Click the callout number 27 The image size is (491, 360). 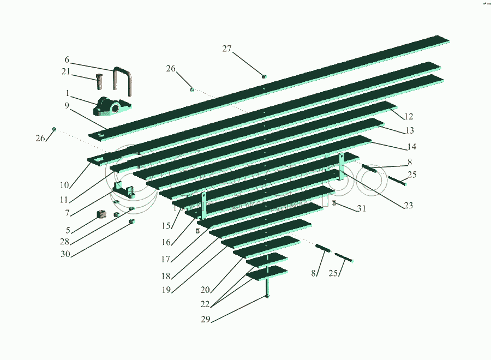click(227, 49)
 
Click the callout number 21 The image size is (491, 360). click(66, 71)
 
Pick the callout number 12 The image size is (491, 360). click(409, 116)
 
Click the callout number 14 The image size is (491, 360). click(411, 147)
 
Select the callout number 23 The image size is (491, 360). click(409, 206)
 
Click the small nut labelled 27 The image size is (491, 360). click(264, 76)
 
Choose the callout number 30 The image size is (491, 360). click(66, 254)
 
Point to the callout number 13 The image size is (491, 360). click(410, 131)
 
